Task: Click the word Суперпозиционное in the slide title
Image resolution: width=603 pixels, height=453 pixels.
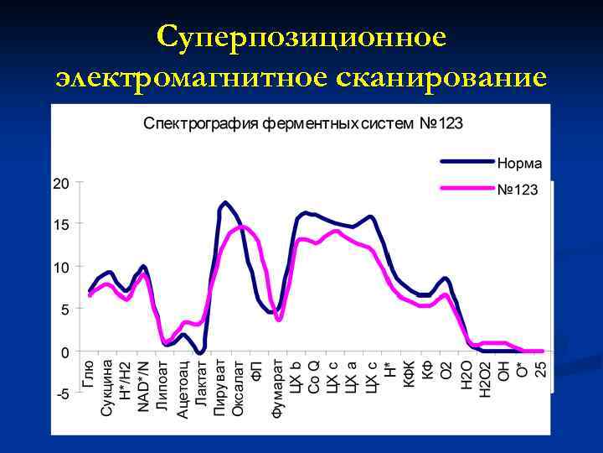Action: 301,36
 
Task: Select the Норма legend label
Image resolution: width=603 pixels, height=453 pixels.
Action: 519,163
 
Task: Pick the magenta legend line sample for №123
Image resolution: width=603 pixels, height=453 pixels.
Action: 466,189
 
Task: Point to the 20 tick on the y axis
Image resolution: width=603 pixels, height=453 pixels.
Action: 61,183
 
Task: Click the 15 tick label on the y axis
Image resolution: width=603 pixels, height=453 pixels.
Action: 61,225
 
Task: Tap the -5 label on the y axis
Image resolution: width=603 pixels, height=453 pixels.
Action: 62,394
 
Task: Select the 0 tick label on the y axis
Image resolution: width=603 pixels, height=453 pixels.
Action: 65,352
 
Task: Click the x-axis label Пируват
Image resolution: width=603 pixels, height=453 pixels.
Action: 219,386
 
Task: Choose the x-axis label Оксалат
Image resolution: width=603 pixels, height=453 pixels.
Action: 238,387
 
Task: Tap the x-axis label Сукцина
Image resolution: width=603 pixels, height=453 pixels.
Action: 107,388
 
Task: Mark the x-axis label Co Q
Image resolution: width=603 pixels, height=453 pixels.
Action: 313,376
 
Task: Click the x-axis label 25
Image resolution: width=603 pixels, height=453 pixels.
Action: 540,368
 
